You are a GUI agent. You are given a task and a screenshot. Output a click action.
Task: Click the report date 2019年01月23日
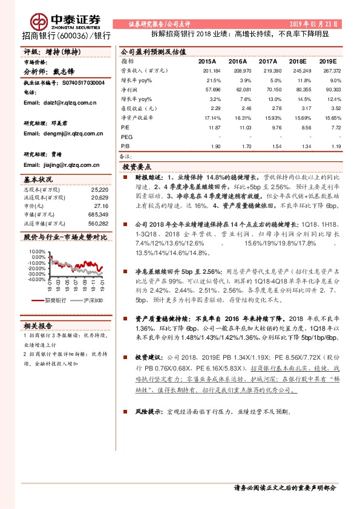point(314,23)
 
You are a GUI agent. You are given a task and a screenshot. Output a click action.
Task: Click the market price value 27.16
point(101,206)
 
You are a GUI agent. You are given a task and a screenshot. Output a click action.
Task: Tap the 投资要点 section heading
point(137,166)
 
